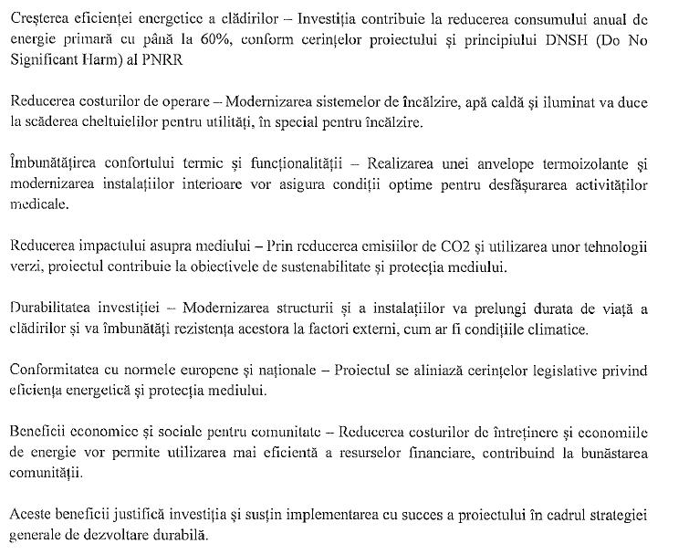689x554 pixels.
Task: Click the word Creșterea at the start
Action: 36,16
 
